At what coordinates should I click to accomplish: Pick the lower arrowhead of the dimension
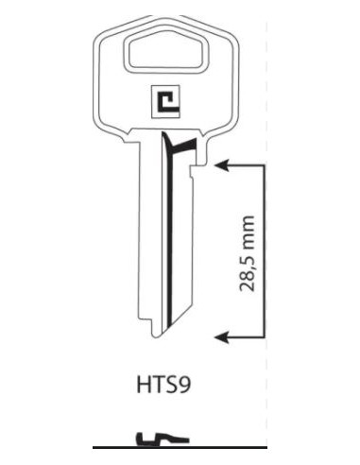tap(223, 335)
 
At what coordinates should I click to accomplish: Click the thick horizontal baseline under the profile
tap(151, 445)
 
